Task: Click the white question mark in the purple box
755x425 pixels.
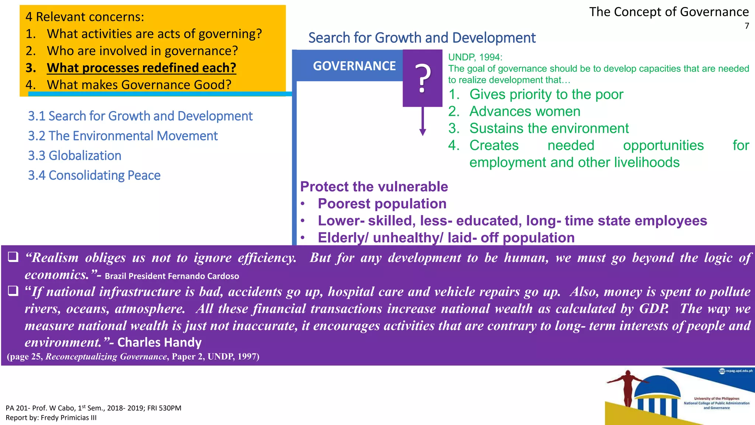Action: [x=422, y=78]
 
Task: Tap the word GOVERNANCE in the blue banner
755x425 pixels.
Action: [x=354, y=66]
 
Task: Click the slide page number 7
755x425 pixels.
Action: [x=747, y=26]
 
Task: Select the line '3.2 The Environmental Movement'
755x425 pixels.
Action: [x=123, y=136]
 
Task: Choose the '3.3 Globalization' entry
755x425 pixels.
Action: [x=74, y=156]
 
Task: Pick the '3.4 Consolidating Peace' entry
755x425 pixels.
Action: [x=94, y=175]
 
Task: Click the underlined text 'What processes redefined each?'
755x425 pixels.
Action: [x=141, y=68]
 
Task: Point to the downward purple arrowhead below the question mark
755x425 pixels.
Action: [x=422, y=132]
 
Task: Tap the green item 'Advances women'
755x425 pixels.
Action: [x=525, y=111]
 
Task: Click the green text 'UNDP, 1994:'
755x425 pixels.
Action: [x=475, y=57]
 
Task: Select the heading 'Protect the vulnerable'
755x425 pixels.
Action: [x=374, y=187]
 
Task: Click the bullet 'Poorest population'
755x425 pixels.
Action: [x=382, y=204]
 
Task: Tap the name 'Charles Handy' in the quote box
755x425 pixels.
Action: [x=159, y=342]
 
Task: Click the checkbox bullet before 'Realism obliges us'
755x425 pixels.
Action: [x=13, y=257]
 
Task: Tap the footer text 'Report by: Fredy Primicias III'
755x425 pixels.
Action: [x=51, y=418]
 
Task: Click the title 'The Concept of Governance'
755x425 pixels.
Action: [x=669, y=12]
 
